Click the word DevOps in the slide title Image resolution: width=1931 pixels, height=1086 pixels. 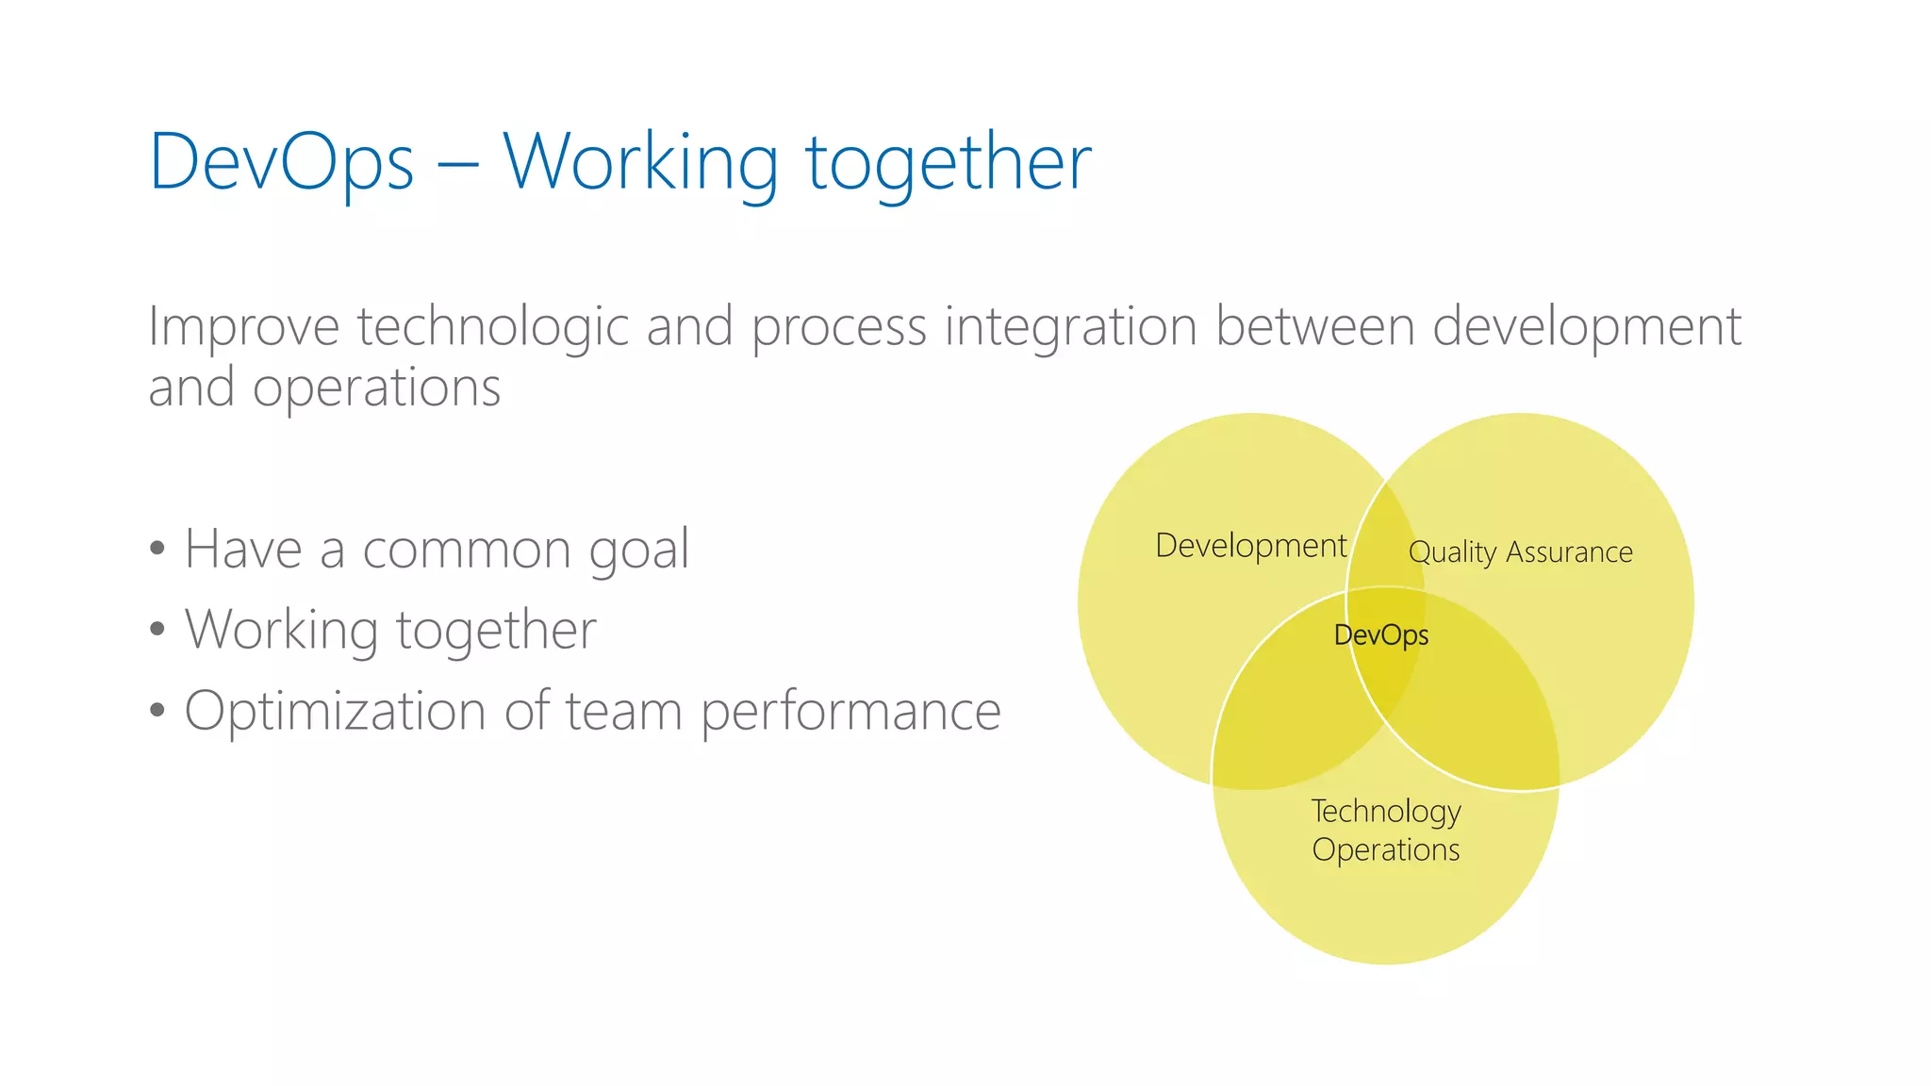click(281, 162)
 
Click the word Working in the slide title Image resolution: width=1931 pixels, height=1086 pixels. click(640, 162)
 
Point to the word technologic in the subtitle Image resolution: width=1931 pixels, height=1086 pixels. click(492, 327)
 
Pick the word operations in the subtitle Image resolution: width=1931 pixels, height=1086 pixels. click(376, 387)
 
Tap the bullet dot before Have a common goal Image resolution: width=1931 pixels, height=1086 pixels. click(157, 549)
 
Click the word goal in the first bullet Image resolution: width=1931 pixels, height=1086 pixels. click(639, 549)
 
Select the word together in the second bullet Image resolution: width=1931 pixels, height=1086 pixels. click(496, 630)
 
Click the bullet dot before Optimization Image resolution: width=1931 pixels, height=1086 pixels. click(157, 711)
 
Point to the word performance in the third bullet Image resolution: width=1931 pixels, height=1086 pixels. click(850, 711)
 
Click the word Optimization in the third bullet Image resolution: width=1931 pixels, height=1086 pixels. click(334, 711)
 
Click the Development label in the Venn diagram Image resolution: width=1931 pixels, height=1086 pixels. click(1250, 546)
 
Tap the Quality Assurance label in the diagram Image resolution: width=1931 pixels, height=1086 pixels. click(1520, 551)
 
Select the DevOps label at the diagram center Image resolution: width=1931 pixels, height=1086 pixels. click(1380, 635)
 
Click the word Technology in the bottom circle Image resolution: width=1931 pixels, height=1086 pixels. click(1385, 811)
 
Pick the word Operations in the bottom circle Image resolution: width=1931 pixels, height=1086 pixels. click(1385, 849)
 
